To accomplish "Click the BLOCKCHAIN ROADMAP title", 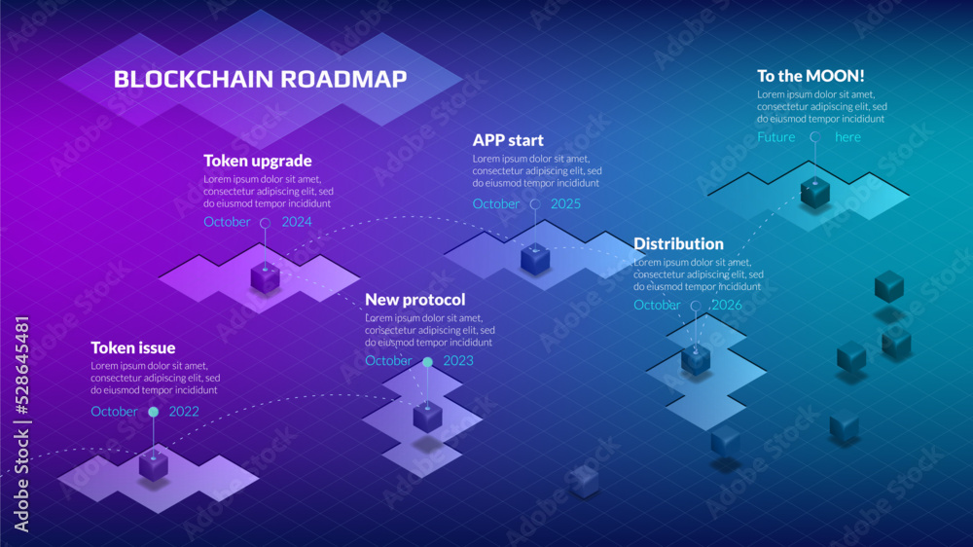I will [260, 80].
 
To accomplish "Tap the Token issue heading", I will [133, 347].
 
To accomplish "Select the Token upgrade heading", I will [258, 161].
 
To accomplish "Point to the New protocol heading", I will [415, 300].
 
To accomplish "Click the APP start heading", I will [508, 140].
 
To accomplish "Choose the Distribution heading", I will [678, 243].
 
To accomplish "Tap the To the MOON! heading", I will [811, 76].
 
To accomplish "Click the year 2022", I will [184, 412].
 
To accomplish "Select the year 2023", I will [458, 361].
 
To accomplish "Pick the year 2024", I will [297, 222].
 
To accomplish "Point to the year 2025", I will [565, 204].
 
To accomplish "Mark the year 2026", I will [727, 306].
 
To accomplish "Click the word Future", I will [776, 137].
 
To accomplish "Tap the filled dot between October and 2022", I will [153, 412].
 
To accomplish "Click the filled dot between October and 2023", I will [427, 362].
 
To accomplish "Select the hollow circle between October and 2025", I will [534, 204].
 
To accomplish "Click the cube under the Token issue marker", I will [153, 465].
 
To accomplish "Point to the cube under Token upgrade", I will [265, 277].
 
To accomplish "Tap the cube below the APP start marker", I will [534, 259].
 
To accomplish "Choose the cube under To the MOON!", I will [814, 192].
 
